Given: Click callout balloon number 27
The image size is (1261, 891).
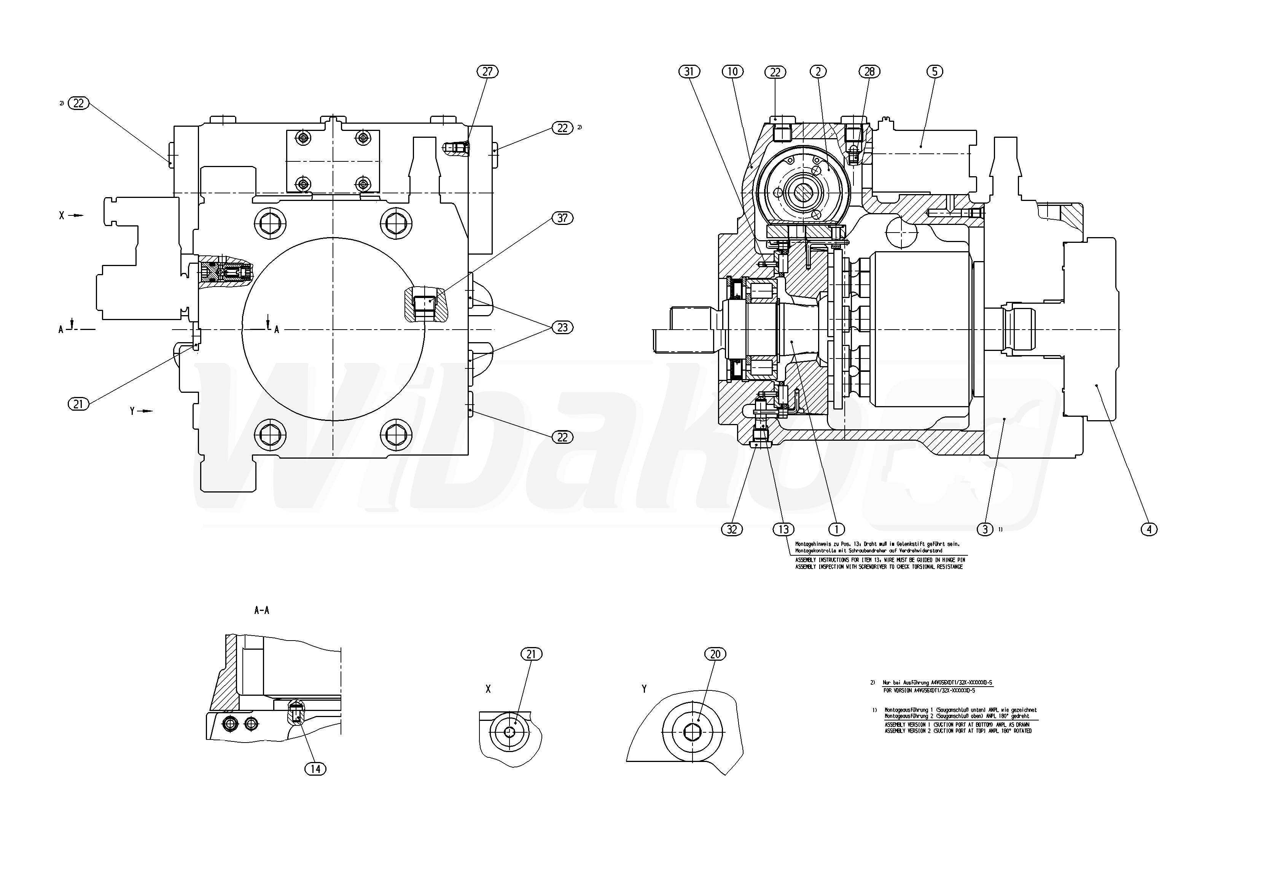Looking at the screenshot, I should (487, 72).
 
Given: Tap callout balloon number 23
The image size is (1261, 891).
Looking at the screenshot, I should (562, 327).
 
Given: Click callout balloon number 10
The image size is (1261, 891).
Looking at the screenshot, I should (732, 72).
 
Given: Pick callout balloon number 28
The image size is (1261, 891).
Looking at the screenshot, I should (869, 72).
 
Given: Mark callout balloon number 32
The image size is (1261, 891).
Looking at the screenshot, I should (732, 529).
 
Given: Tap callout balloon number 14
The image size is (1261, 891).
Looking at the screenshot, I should (315, 769).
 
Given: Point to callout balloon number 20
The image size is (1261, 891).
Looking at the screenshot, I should (715, 654).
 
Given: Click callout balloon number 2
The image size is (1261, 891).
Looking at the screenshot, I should (818, 72).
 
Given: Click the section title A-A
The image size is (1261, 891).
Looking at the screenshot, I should (261, 610).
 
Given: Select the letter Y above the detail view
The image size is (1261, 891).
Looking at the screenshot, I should (644, 689).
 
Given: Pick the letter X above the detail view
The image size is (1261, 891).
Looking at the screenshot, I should (488, 689).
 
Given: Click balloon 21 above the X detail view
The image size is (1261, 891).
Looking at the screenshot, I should (531, 654).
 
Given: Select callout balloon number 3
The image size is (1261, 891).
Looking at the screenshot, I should (985, 529).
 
